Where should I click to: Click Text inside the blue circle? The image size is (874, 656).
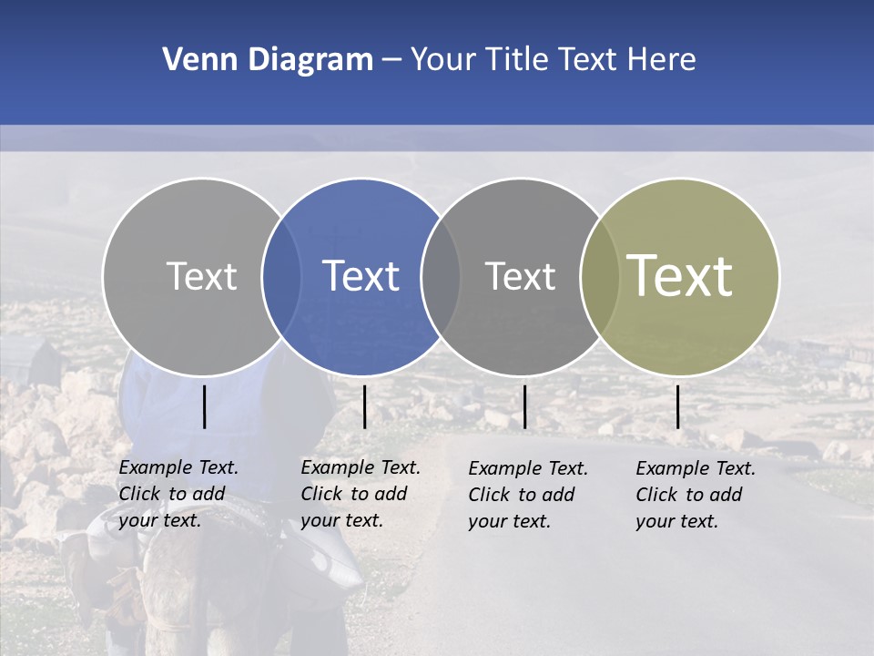tap(361, 276)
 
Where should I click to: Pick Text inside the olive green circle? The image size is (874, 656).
tap(680, 276)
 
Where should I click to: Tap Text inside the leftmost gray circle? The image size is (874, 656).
tap(201, 276)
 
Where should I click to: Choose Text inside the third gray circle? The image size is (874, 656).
tap(520, 276)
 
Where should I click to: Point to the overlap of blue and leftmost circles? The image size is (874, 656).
tap(281, 277)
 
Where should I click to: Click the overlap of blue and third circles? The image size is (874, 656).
tap(441, 277)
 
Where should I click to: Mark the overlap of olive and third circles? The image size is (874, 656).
tap(599, 277)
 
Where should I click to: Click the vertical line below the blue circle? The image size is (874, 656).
tap(364, 406)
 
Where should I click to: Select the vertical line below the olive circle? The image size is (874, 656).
tap(677, 406)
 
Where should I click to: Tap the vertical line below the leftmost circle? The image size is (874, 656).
tap(204, 406)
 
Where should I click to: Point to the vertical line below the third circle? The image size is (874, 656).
tap(524, 406)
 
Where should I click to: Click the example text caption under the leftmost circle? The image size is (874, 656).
tap(178, 494)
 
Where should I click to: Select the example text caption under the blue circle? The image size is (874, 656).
tap(361, 494)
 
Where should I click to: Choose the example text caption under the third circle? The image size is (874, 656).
tap(528, 495)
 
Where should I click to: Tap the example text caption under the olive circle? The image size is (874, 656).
tap(696, 495)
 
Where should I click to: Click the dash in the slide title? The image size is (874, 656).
tap(391, 60)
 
